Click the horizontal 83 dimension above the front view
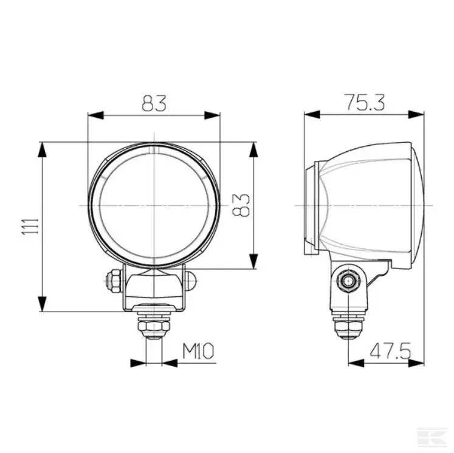point(154,104)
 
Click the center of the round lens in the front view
point(154,205)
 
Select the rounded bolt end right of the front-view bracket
point(191,280)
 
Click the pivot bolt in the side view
point(348,281)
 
